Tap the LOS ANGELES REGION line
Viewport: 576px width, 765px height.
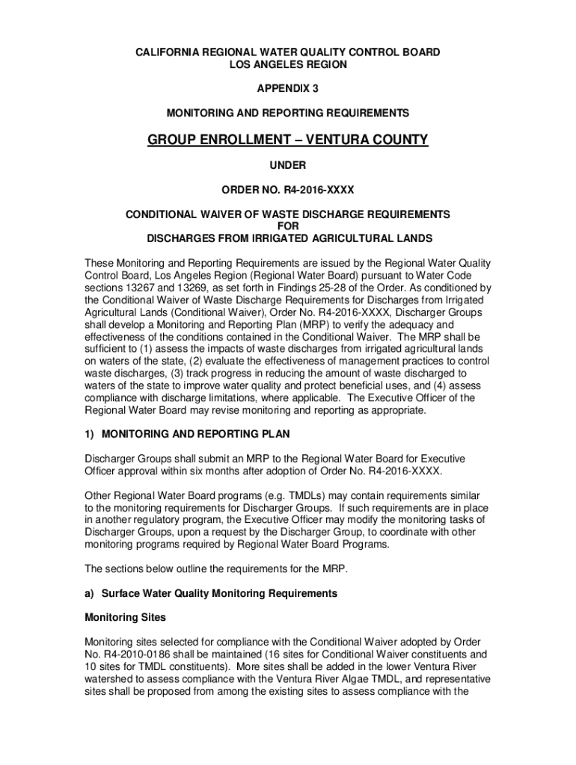tap(287, 65)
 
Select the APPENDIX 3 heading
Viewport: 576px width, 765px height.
tap(287, 89)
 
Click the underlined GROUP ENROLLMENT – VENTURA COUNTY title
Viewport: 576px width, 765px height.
tap(287, 140)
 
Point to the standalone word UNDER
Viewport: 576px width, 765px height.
tap(287, 166)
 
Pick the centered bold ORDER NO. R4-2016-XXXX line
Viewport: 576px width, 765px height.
tap(287, 190)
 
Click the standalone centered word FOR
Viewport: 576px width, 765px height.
tap(287, 226)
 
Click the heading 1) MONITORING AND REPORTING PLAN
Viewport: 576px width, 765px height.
tap(187, 434)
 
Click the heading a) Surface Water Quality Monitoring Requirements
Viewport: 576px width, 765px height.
tap(211, 593)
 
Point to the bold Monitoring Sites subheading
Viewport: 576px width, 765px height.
tap(125, 618)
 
